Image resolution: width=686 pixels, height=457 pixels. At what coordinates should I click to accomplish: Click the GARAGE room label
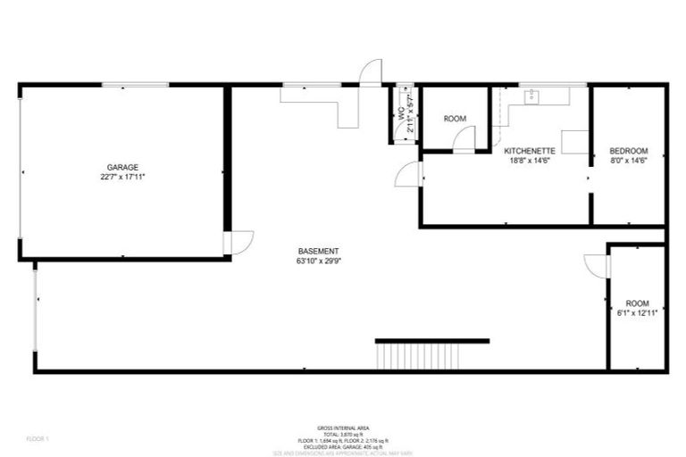(121, 167)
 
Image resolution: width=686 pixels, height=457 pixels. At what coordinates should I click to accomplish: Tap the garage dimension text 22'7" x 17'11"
(121, 178)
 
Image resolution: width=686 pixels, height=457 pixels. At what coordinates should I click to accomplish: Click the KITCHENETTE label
(531, 151)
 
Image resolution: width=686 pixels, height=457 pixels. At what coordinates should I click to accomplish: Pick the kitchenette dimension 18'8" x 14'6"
(531, 162)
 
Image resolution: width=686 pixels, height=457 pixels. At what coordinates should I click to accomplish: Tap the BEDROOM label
(629, 151)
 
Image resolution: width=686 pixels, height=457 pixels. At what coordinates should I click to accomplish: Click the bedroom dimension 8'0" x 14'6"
(629, 162)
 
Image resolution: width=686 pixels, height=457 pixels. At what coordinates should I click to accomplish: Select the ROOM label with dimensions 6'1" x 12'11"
(636, 303)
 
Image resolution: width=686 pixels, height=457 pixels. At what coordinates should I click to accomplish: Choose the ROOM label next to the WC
(456, 119)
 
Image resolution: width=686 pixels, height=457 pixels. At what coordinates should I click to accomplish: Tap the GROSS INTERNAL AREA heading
(342, 428)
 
